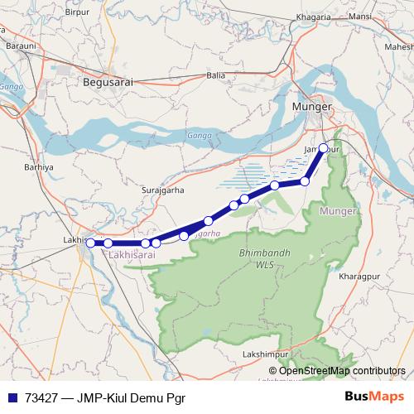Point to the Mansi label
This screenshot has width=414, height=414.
click(360, 17)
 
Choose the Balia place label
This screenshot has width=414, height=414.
click(216, 75)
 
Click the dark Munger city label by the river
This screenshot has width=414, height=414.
click(311, 108)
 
